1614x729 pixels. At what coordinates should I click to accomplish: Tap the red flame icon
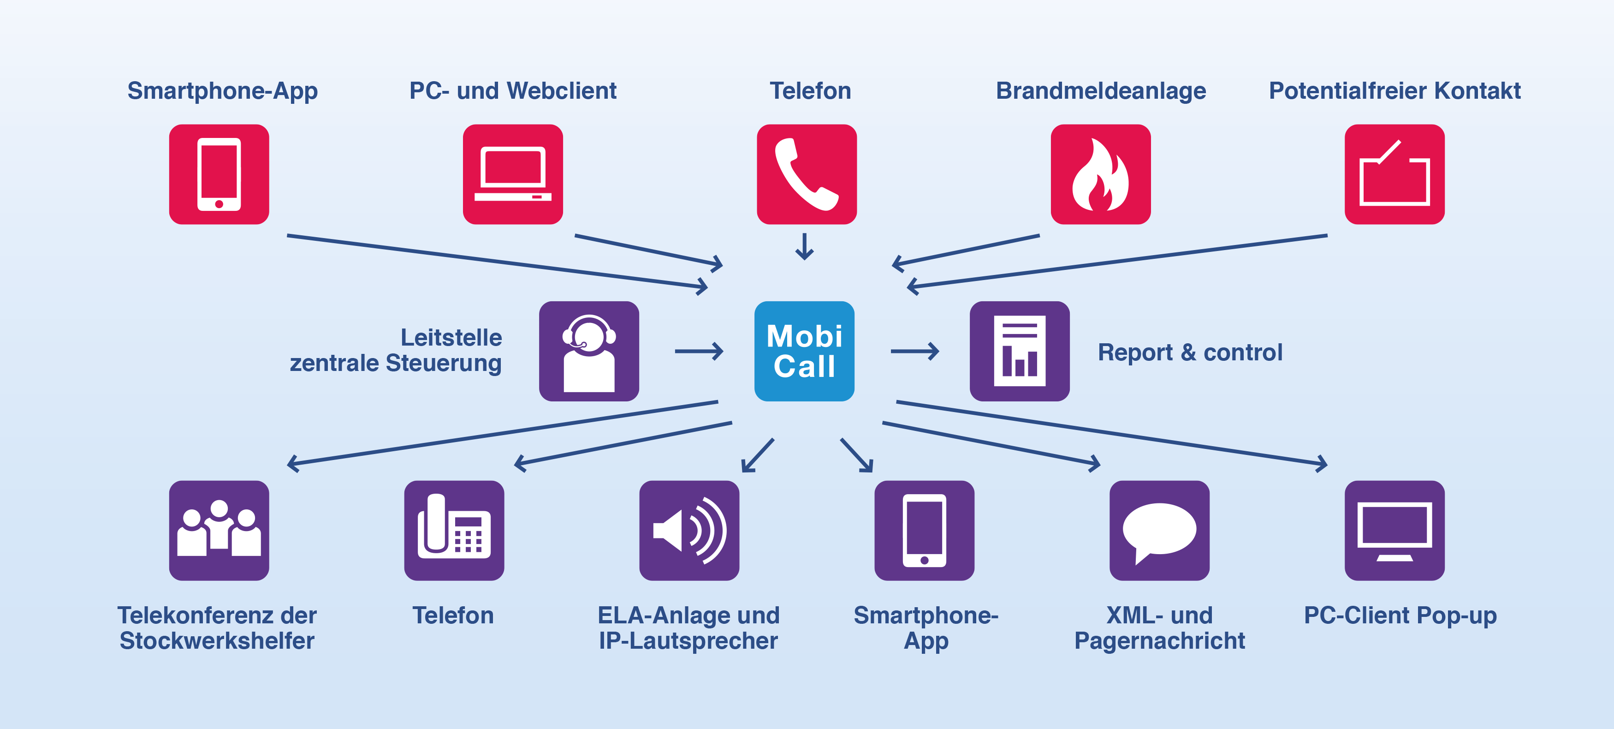point(1100,174)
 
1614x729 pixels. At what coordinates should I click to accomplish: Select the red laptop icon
point(512,174)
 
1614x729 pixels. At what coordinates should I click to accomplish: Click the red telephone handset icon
point(807,174)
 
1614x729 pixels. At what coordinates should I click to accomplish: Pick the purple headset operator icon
point(589,351)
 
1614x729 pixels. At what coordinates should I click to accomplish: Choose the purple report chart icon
point(1020,351)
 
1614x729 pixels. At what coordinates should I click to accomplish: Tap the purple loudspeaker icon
point(689,530)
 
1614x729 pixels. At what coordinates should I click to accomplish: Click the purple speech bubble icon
point(1159,530)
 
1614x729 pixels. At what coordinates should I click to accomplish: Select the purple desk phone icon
point(454,530)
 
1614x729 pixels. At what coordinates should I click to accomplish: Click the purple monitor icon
point(1394,530)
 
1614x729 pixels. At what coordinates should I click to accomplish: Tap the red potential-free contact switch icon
point(1394,174)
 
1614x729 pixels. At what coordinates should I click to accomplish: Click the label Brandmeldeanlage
point(1101,91)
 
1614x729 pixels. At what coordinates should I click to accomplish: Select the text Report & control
point(1190,353)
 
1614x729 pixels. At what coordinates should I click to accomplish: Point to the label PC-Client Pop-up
point(1400,616)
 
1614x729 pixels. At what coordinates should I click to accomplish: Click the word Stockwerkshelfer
point(217,640)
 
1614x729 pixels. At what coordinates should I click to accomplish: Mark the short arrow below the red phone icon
point(805,246)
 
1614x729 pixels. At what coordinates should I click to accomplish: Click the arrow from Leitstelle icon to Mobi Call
point(699,351)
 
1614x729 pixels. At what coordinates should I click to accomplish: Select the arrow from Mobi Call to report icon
point(915,351)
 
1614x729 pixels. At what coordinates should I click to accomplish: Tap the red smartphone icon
point(219,174)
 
